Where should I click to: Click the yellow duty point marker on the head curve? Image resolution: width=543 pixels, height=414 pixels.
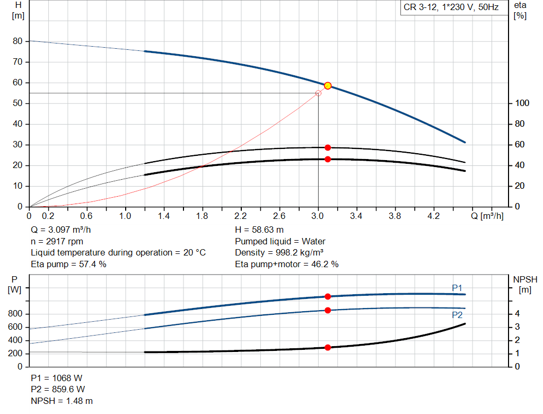click(328, 86)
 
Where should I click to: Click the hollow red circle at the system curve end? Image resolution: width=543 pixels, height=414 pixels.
click(318, 93)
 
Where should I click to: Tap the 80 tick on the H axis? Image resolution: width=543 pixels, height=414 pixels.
click(17, 41)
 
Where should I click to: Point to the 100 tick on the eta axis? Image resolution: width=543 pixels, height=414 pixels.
click(522, 103)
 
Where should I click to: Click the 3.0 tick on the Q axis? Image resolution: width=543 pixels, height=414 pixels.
click(318, 216)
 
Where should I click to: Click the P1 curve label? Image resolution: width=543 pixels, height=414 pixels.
click(457, 287)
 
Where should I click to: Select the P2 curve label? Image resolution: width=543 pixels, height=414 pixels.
click(457, 315)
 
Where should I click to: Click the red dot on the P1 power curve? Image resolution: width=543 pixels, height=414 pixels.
click(328, 296)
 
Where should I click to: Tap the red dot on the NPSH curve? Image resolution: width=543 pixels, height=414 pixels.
click(328, 348)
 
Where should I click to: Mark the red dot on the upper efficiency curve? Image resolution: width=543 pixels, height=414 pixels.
click(328, 147)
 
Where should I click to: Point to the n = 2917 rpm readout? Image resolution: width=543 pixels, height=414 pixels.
click(57, 241)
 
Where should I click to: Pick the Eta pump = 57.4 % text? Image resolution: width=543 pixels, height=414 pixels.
click(68, 264)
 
